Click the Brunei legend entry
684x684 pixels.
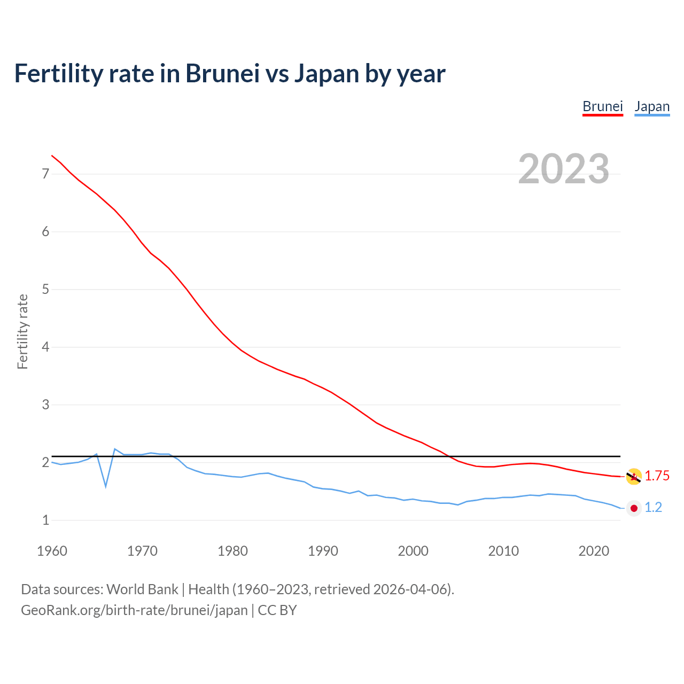pyautogui.click(x=602, y=106)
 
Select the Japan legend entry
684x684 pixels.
pyautogui.click(x=651, y=106)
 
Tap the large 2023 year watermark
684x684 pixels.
pyautogui.click(x=563, y=169)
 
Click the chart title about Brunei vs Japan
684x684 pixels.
pyautogui.click(x=229, y=73)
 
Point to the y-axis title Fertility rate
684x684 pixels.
pyautogui.click(x=22, y=331)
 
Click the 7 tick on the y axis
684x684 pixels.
pyautogui.click(x=45, y=174)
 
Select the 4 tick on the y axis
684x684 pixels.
pyautogui.click(x=45, y=347)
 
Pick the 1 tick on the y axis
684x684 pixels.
pyautogui.click(x=45, y=520)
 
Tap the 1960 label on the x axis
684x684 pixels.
pyautogui.click(x=52, y=551)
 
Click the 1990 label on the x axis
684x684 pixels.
pyautogui.click(x=323, y=551)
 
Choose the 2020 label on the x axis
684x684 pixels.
pyautogui.click(x=594, y=551)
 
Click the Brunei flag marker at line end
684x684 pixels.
pyautogui.click(x=634, y=476)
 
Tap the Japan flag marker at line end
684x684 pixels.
pyautogui.click(x=634, y=508)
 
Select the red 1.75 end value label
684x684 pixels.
pyautogui.click(x=657, y=476)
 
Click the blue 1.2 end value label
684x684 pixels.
pyautogui.click(x=653, y=508)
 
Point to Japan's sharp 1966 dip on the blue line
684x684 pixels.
pyautogui.click(x=106, y=486)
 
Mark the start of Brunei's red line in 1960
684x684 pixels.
pyautogui.click(x=52, y=156)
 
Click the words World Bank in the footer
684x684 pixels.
pyautogui.click(x=142, y=589)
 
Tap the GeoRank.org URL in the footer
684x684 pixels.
pyautogui.click(x=134, y=610)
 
